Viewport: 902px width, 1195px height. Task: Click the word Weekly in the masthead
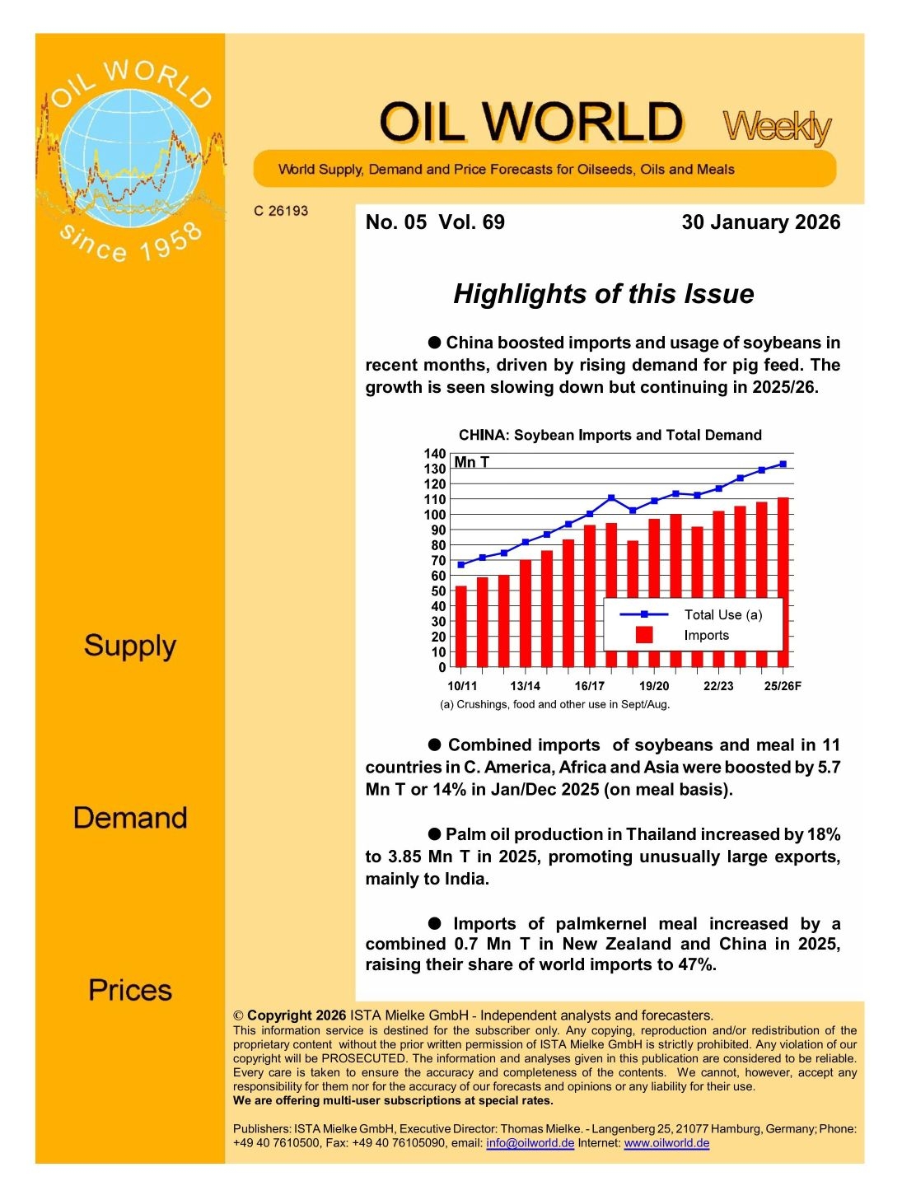point(777,126)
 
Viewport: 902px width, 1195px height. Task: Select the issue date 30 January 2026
point(760,222)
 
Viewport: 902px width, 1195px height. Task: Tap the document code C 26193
point(281,211)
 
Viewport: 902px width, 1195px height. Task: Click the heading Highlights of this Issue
point(603,294)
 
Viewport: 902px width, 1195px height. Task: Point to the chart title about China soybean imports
point(610,435)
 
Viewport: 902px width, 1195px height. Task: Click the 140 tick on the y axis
point(435,454)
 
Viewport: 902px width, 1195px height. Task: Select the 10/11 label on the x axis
point(461,686)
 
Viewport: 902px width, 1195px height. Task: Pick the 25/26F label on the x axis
point(782,686)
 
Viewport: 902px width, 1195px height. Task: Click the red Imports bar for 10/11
point(461,626)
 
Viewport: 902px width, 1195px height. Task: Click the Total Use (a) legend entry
point(722,614)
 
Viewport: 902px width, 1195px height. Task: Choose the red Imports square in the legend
point(644,635)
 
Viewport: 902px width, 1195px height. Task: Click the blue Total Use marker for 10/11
point(461,565)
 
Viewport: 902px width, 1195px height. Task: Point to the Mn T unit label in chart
point(471,462)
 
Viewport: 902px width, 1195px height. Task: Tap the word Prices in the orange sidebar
point(130,990)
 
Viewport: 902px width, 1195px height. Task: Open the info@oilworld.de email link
point(530,1143)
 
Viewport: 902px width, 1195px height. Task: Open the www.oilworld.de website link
point(666,1143)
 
